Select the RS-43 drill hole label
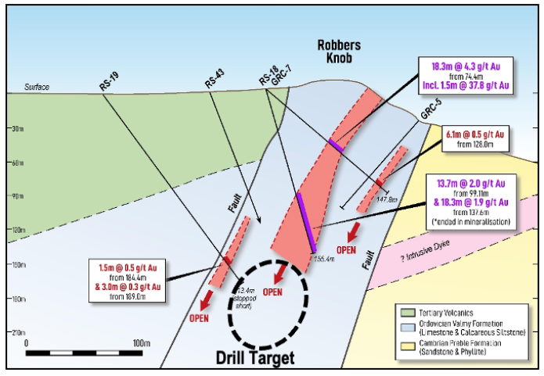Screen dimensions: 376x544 tap(214, 82)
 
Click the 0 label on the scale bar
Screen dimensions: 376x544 tap(27, 343)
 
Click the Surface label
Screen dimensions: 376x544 tap(36, 88)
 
